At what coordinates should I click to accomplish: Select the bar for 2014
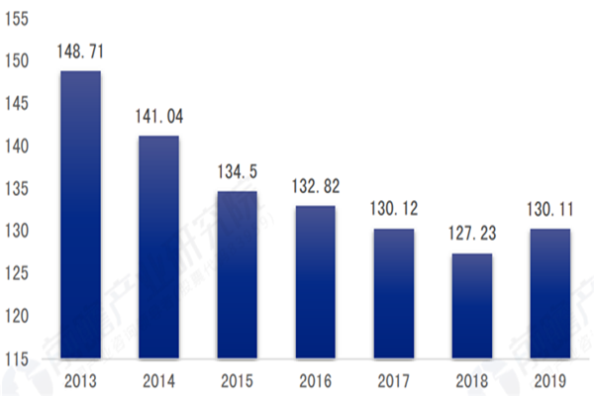[158, 247]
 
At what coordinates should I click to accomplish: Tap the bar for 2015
[237, 275]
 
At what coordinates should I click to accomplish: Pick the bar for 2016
[315, 282]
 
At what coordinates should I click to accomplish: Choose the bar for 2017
[393, 294]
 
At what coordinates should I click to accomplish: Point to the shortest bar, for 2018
[472, 306]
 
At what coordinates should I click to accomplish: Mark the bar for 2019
[550, 294]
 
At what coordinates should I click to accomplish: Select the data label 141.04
[158, 117]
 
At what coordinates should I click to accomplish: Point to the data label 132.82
[315, 187]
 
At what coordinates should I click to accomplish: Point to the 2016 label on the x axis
[315, 380]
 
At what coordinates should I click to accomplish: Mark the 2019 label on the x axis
[550, 380]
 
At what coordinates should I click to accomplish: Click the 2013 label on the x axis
[80, 380]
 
